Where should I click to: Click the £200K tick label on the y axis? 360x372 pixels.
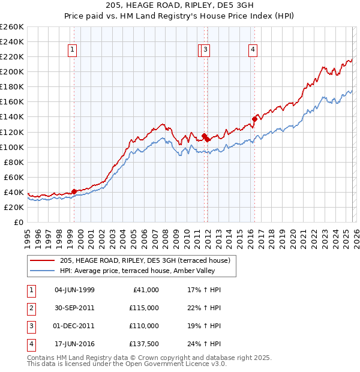pyautogui.click(x=12, y=71)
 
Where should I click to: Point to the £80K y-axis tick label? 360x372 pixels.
pyautogui.click(x=14, y=162)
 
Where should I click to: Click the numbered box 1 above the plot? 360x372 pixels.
pyautogui.click(x=72, y=50)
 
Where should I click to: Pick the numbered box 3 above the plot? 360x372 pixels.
pyautogui.click(x=205, y=50)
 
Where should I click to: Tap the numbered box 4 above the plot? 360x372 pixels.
pyautogui.click(x=253, y=50)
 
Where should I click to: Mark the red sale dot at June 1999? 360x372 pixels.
pyautogui.click(x=74, y=191)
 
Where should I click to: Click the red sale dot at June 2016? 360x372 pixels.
pyautogui.click(x=254, y=119)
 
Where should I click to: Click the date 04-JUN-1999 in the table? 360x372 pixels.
pyautogui.click(x=74, y=290)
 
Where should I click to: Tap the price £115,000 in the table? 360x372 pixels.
pyautogui.click(x=143, y=308)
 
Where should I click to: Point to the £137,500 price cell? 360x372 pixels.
pyautogui.click(x=143, y=344)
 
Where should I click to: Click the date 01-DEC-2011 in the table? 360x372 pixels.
pyautogui.click(x=74, y=326)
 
